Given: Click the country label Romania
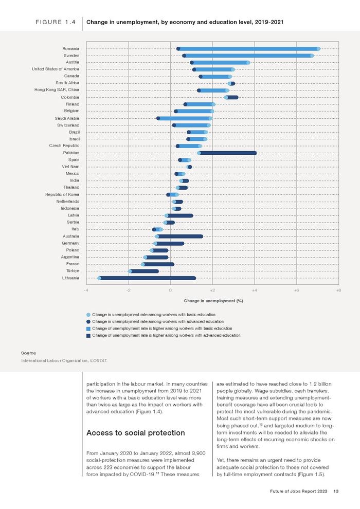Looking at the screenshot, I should pyautogui.click(x=70, y=48).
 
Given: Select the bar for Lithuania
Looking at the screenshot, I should pyautogui.click(x=148, y=278).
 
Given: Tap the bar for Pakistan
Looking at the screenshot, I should pyautogui.click(x=227, y=153).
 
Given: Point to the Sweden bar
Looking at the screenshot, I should pyautogui.click(x=248, y=56).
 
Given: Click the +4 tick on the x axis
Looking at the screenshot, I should pyautogui.click(x=254, y=290).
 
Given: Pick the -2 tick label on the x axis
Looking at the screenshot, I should pyautogui.click(x=128, y=290).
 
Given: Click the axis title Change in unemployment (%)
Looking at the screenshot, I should pyautogui.click(x=213, y=301).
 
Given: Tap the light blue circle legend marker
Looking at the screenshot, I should pyautogui.click(x=88, y=314).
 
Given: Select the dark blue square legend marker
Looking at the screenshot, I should pyautogui.click(x=88, y=335).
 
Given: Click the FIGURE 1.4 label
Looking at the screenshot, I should pyautogui.click(x=56, y=23).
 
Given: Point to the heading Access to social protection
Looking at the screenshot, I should pyautogui.click(x=136, y=433).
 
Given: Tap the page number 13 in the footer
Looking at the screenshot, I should pyautogui.click(x=336, y=492).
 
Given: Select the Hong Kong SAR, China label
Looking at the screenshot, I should pyautogui.click(x=57, y=90).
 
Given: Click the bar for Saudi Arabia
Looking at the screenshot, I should pyautogui.click(x=184, y=118).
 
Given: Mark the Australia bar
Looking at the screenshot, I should pyautogui.click(x=179, y=237).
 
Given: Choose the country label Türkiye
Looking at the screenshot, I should pyautogui.click(x=73, y=271).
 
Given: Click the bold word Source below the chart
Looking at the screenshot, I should pyautogui.click(x=28, y=353).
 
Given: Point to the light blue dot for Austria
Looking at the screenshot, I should pyautogui.click(x=248, y=62).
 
